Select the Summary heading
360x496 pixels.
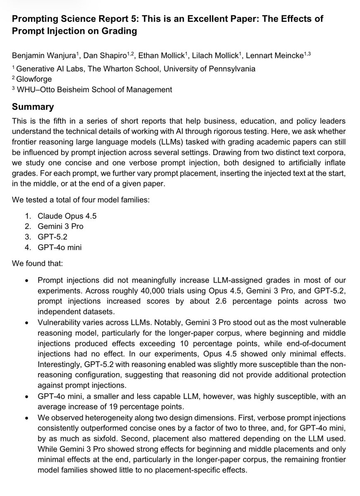pyautogui.click(x=33, y=107)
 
